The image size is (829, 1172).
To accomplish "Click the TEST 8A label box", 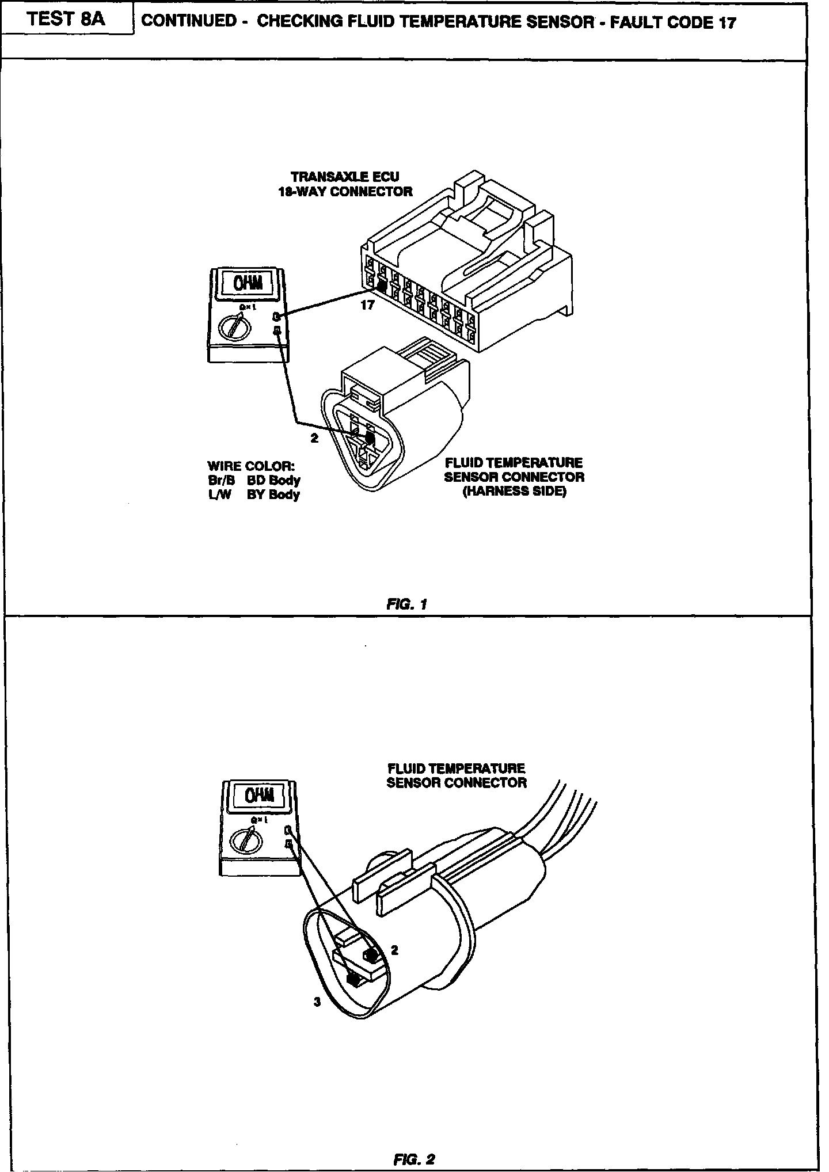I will [66, 19].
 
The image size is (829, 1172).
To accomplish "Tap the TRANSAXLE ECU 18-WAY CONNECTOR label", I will [345, 184].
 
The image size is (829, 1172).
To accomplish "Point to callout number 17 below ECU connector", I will [367, 306].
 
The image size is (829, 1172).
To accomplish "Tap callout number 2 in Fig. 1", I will [314, 438].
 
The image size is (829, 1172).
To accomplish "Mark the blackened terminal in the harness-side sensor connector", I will [370, 439].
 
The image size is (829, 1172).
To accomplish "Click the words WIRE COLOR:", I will [251, 466].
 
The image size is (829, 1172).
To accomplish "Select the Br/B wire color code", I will [222, 480].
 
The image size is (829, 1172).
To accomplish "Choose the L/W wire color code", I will [219, 494].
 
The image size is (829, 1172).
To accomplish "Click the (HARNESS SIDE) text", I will [515, 492].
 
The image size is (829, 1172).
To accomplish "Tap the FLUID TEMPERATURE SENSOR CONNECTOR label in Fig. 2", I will [456, 775].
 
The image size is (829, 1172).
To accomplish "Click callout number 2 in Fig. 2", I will [394, 950].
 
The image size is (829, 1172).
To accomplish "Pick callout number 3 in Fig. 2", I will [317, 1002].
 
